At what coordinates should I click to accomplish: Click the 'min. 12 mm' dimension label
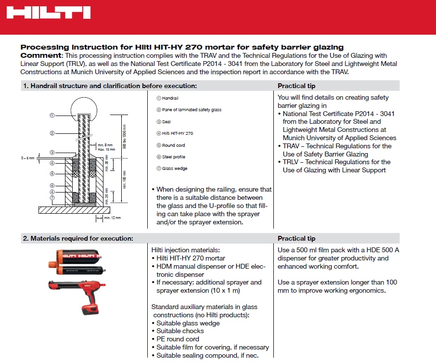coord(112,218)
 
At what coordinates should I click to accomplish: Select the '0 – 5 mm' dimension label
coord(28,157)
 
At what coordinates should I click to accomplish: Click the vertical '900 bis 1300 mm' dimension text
coord(125,136)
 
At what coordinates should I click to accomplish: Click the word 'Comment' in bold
coord(41,55)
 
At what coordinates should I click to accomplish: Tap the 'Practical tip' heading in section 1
coord(296,86)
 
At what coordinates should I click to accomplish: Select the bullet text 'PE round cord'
coord(177,339)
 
